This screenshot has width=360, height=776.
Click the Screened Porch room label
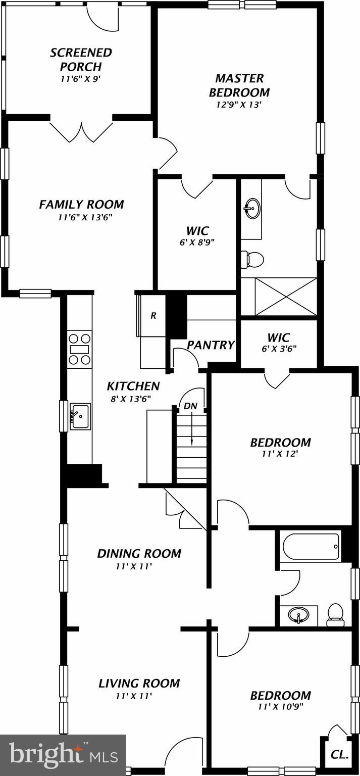80,60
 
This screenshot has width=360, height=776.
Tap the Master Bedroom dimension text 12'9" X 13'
239,105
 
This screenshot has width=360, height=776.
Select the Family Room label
81,205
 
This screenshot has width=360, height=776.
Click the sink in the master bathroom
252,207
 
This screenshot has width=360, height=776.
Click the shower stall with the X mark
286,297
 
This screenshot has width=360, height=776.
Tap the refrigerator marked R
153,316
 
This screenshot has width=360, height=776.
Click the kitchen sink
79,416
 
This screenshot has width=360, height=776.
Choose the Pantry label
211,345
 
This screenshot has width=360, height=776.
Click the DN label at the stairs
190,406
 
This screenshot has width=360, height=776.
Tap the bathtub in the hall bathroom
310,547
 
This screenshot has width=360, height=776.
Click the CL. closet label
339,755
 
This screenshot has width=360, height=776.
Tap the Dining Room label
139,553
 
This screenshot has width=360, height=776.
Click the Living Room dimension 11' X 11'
134,696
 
